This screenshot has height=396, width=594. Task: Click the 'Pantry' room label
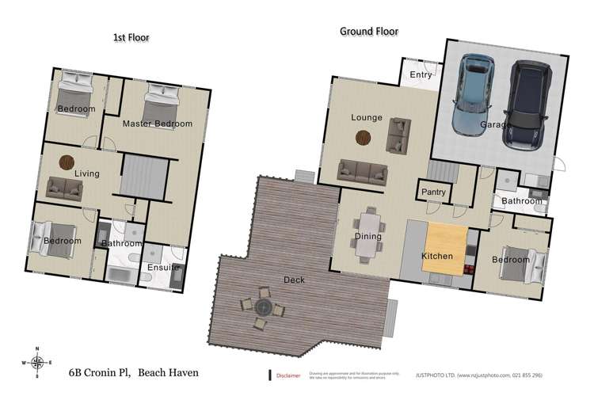point(433,192)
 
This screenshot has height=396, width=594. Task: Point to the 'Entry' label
point(420,75)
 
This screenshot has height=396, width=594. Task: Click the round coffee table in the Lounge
point(363,138)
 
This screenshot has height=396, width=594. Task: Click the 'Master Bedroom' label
point(158,124)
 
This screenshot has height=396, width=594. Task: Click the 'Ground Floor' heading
point(369,32)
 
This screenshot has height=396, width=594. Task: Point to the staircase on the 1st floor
point(144,174)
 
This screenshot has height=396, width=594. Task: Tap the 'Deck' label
point(294,280)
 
